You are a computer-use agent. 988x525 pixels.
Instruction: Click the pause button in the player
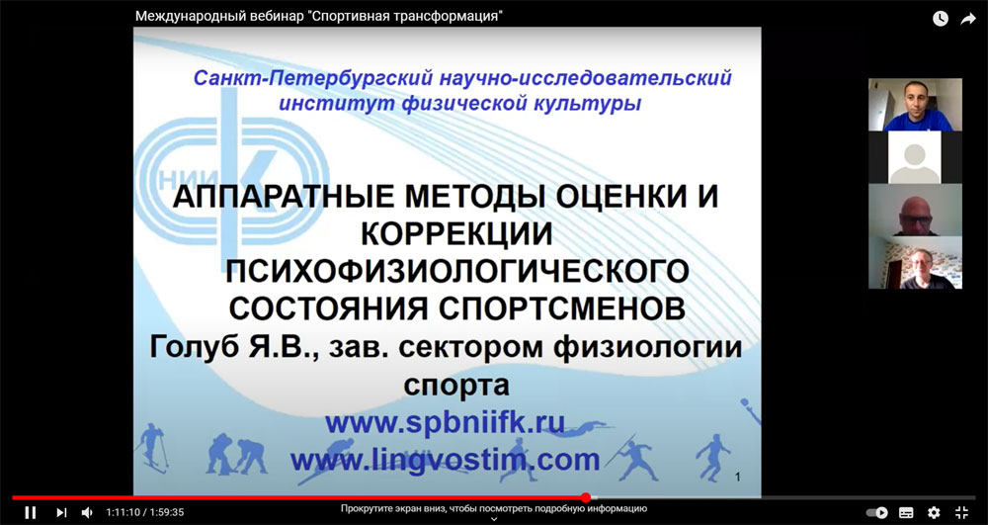pyautogui.click(x=31, y=512)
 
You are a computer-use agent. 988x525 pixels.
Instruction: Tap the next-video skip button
pyautogui.click(x=61, y=512)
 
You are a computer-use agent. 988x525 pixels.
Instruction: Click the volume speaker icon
pyautogui.click(x=87, y=512)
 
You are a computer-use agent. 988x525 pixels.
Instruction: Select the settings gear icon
pyautogui.click(x=934, y=512)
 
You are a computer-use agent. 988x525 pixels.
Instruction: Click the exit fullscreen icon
pyautogui.click(x=962, y=512)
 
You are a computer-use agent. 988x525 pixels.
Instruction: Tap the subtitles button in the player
pyautogui.click(x=906, y=512)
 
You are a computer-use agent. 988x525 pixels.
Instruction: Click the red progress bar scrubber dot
pyautogui.click(x=586, y=497)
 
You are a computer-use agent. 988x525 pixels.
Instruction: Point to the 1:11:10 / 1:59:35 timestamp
pyautogui.click(x=145, y=512)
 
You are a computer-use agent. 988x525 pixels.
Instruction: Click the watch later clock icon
pyautogui.click(x=941, y=19)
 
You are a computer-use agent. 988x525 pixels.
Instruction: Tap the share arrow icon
pyautogui.click(x=968, y=19)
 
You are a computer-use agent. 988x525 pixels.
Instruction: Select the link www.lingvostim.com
pyautogui.click(x=445, y=460)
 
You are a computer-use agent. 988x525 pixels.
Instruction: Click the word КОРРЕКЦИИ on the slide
pyautogui.click(x=457, y=234)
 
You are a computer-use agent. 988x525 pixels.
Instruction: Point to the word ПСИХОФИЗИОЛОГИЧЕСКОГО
pyautogui.click(x=457, y=272)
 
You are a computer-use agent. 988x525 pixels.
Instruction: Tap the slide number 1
pyautogui.click(x=738, y=478)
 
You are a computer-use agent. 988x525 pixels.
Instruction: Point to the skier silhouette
pyautogui.click(x=152, y=447)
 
